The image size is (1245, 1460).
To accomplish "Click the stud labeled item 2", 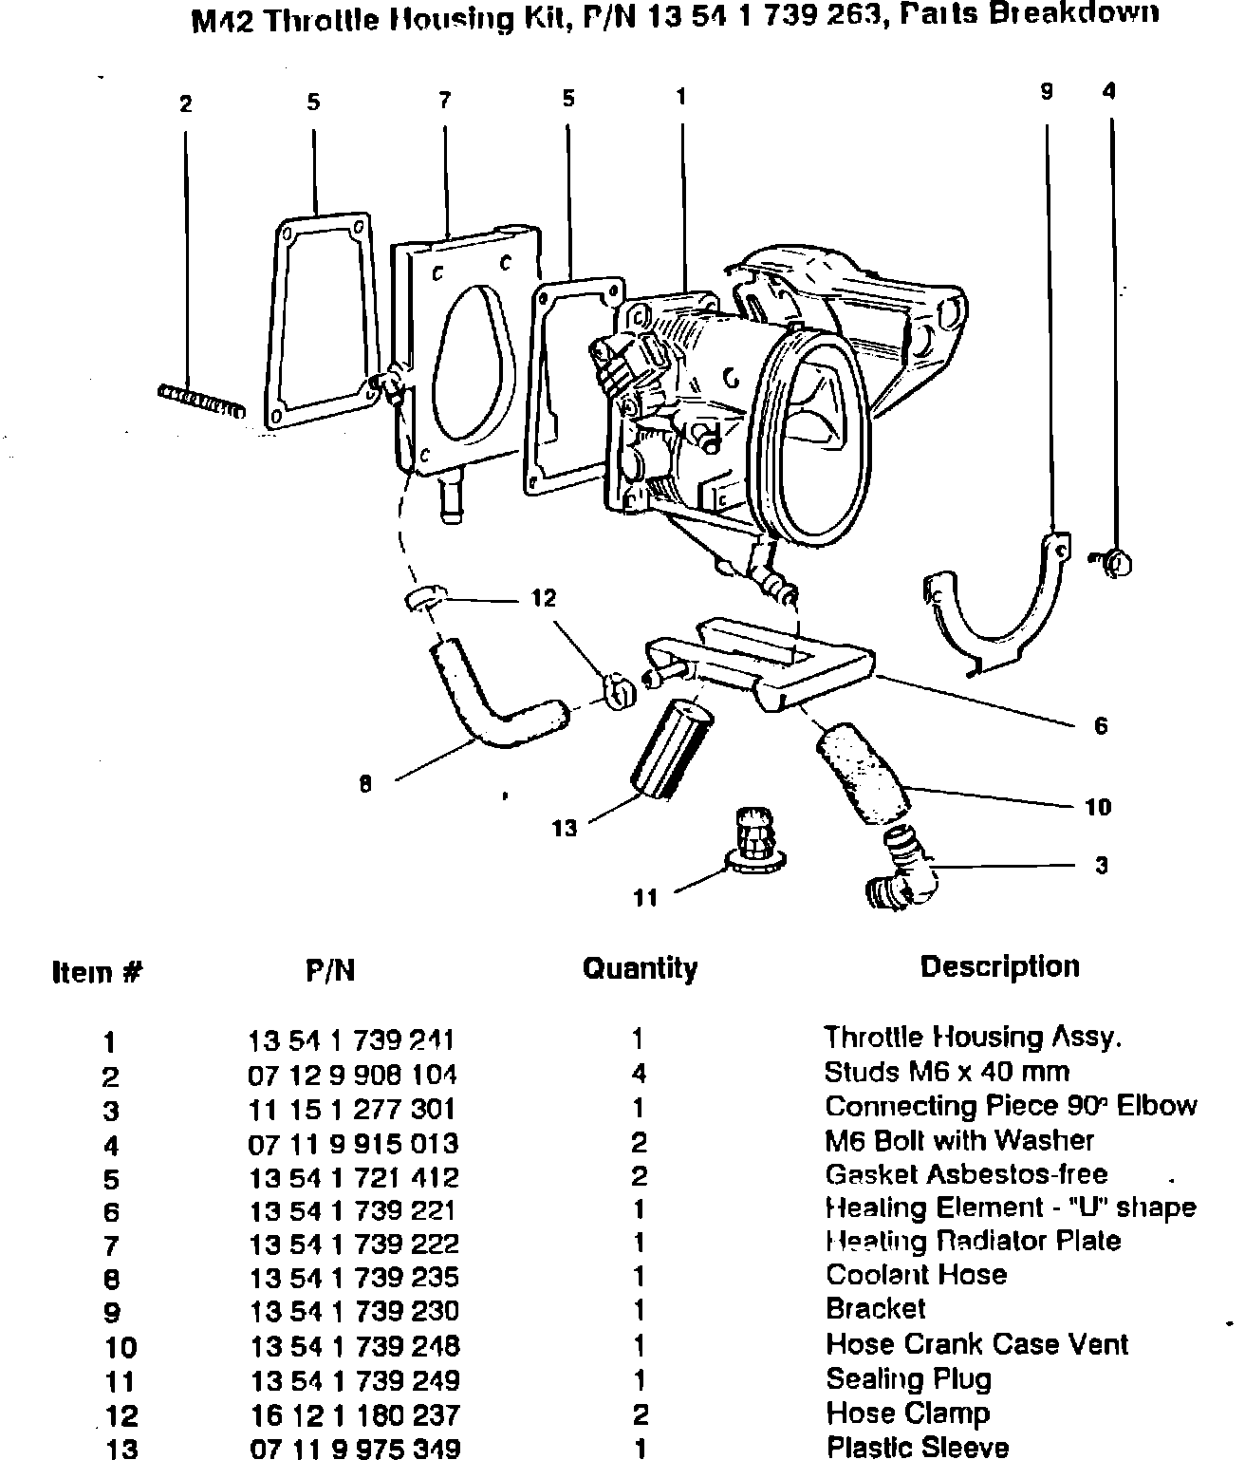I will point(199,402).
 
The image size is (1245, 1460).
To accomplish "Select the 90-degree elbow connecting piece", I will point(901,870).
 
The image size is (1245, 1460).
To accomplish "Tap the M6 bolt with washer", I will point(1115,562).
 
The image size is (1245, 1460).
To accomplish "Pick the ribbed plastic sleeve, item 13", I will point(670,746).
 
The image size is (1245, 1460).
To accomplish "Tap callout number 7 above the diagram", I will point(444,101).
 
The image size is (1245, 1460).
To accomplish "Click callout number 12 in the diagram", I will point(543,597).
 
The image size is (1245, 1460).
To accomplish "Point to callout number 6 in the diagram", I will point(1101,726).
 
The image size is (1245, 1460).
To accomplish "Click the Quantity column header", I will point(639,968).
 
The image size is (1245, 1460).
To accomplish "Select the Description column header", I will point(999,967).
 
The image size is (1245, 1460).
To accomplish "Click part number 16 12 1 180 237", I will point(353,1414).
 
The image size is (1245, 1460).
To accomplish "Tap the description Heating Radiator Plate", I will point(973,1242).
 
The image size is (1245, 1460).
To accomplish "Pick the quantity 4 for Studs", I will point(639,1074).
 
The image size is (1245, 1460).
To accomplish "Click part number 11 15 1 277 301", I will point(352,1109).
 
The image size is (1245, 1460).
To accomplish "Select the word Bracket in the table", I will point(875,1309).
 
